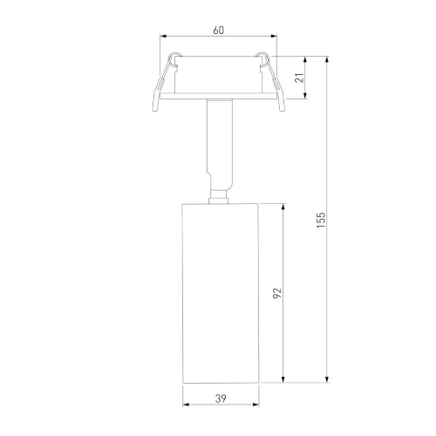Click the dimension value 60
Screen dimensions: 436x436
[x=219, y=31]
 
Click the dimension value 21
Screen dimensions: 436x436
[x=299, y=78]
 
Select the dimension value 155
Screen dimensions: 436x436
[x=321, y=220]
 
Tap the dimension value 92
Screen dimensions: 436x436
[x=277, y=293]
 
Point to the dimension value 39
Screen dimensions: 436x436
[x=221, y=399]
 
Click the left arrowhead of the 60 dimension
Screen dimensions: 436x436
[x=163, y=36]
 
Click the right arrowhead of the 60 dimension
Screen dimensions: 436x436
[x=274, y=36]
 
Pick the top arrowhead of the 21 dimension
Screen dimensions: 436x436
[x=305, y=59]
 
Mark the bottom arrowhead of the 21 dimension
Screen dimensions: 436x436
[x=305, y=96]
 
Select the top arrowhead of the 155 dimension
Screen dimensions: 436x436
[x=327, y=59]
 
